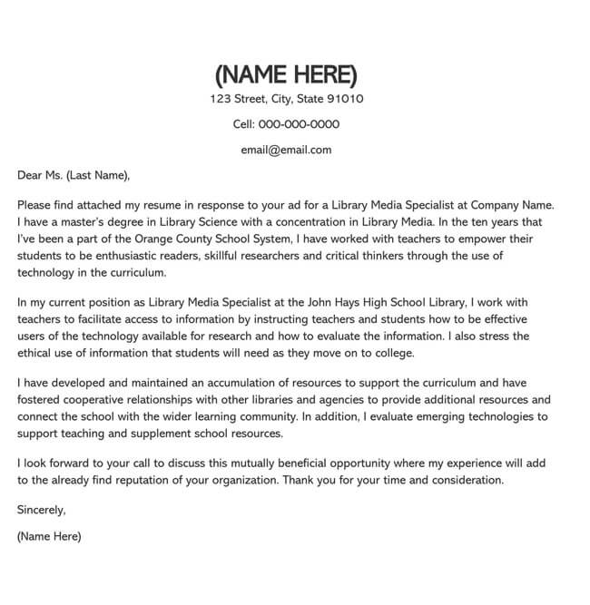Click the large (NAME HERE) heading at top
click(x=287, y=73)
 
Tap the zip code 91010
click(x=345, y=99)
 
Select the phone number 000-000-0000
click(x=300, y=124)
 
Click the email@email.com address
click(x=286, y=150)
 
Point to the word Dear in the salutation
click(x=31, y=175)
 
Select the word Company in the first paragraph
click(x=497, y=206)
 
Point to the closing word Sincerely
click(x=41, y=511)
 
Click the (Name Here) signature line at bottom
click(x=49, y=536)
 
